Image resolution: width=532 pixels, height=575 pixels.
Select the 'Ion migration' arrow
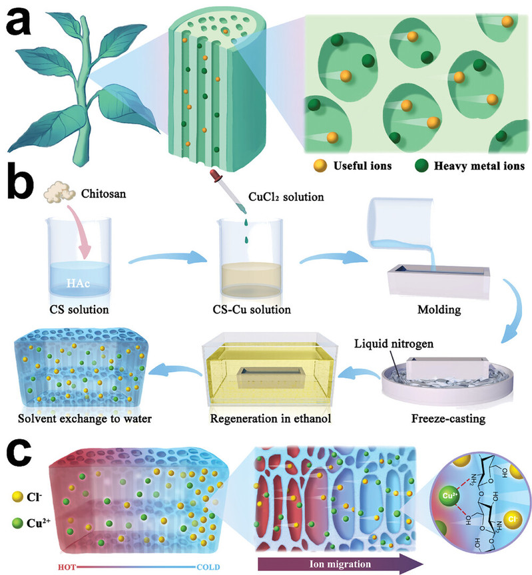click(x=340, y=562)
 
